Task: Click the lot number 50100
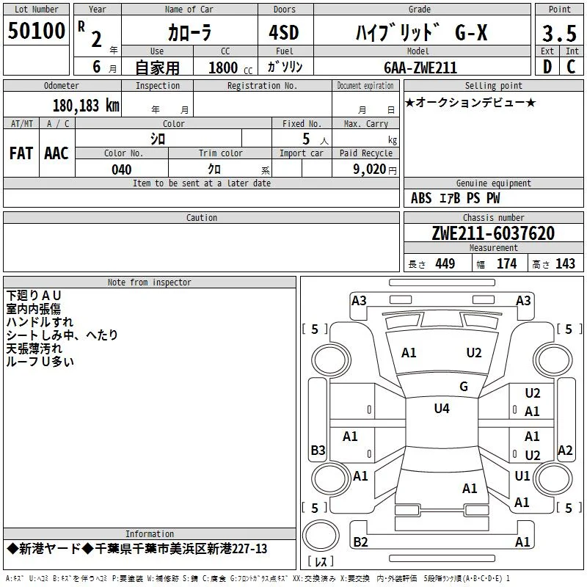(36, 31)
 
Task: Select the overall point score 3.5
(559, 33)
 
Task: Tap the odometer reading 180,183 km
(86, 106)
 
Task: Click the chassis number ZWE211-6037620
(493, 233)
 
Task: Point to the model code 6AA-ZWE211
(420, 68)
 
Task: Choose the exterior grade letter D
(547, 67)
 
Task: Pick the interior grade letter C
(571, 67)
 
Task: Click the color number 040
(121, 169)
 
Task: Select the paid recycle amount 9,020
(370, 169)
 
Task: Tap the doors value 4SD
(284, 32)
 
